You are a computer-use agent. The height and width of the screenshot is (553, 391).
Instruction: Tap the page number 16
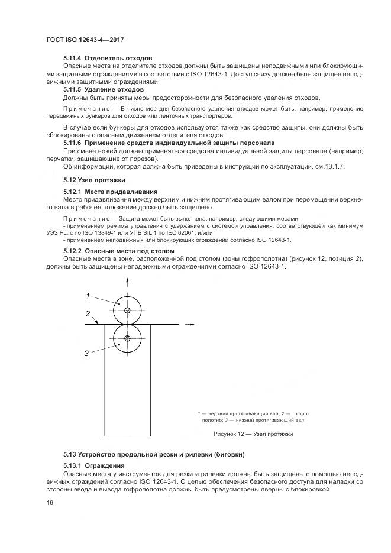49,502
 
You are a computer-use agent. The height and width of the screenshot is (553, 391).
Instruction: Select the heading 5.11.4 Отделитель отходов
108,58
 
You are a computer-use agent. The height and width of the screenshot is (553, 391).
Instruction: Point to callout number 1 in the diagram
87,296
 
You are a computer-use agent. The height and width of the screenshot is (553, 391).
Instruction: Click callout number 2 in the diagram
87,313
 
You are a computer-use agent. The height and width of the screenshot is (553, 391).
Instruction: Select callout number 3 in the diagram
87,353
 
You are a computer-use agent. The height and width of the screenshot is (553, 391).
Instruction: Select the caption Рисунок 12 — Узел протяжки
253,434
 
